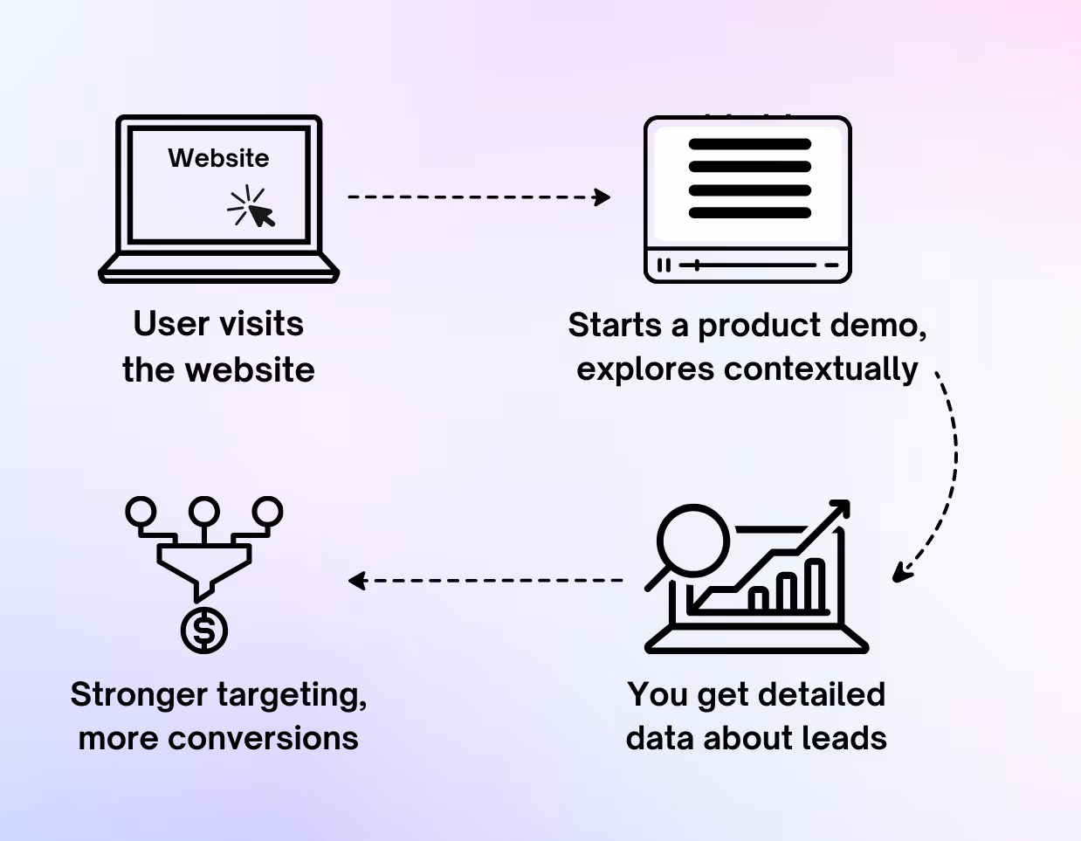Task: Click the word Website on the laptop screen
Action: (x=218, y=158)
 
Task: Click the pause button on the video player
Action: (x=664, y=265)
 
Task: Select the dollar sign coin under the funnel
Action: (x=204, y=631)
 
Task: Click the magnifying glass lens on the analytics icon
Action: (x=692, y=539)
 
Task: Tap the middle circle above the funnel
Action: (x=204, y=510)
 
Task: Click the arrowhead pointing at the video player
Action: (x=602, y=196)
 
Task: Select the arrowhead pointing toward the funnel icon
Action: (x=355, y=580)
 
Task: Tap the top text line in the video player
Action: (x=749, y=144)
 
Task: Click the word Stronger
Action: (x=139, y=695)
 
